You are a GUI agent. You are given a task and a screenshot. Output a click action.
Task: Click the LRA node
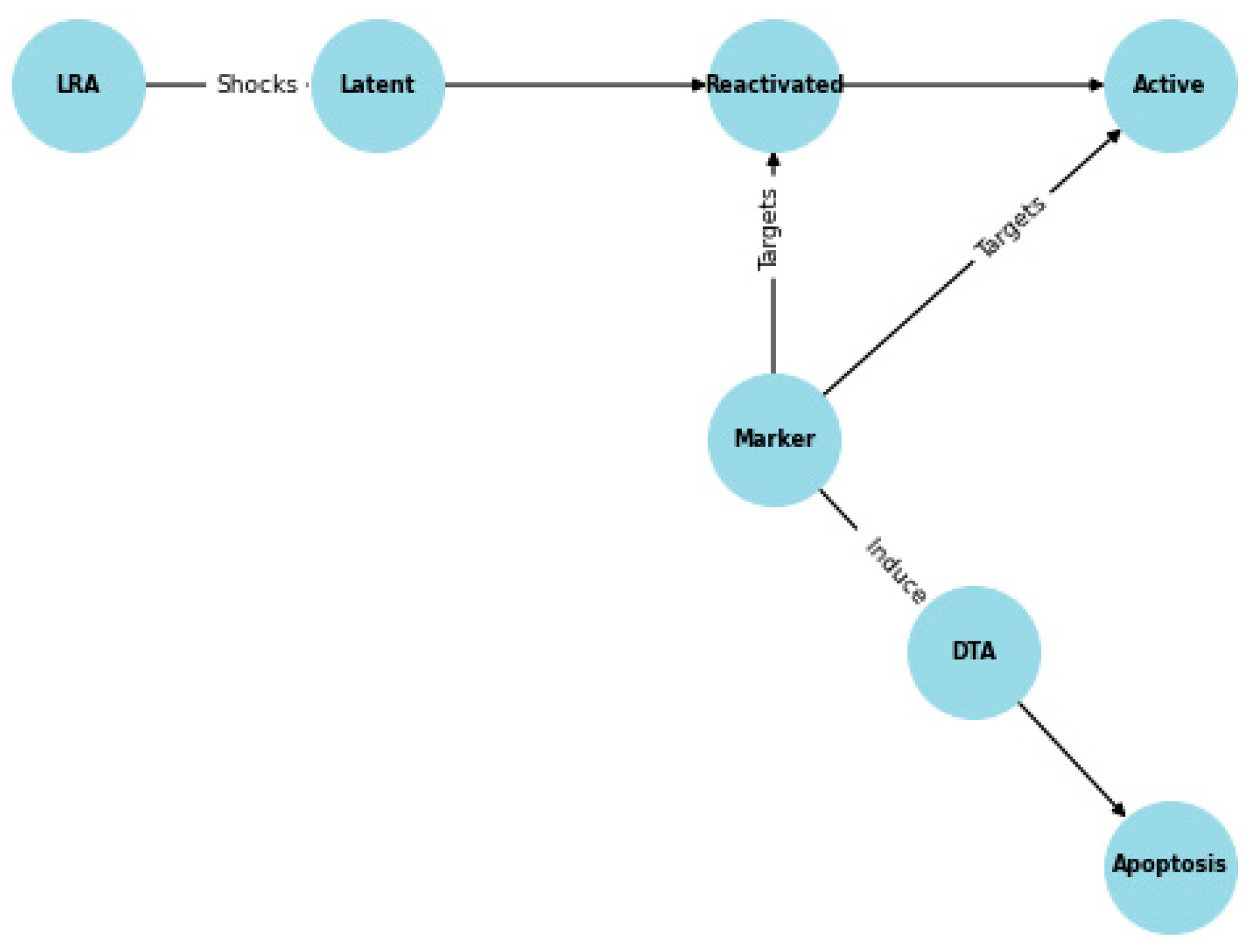[x=78, y=85]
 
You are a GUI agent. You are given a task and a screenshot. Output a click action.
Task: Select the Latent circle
[x=377, y=85]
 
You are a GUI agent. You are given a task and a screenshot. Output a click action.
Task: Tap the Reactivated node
[x=774, y=85]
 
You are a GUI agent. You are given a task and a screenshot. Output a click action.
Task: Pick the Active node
[x=1170, y=85]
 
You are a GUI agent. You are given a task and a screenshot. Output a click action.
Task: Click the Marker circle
[x=774, y=440]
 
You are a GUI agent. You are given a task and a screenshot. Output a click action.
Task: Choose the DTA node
[x=974, y=652]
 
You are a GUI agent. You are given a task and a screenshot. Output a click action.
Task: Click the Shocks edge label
[x=257, y=85]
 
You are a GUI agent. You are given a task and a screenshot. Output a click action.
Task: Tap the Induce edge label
[x=896, y=570]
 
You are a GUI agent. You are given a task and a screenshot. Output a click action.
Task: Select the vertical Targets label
[x=768, y=230]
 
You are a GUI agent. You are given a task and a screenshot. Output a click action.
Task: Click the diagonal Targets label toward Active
[x=1010, y=227]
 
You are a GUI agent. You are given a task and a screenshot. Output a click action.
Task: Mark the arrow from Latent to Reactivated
[x=572, y=85]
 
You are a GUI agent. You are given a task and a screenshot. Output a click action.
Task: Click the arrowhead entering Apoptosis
[x=1119, y=810]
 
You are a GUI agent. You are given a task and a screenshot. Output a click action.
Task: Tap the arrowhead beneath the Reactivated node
[x=773, y=161]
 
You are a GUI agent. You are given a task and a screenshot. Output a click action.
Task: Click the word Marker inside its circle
[x=774, y=438]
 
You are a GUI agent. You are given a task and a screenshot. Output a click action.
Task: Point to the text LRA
[x=78, y=85]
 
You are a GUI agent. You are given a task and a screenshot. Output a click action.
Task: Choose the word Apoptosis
[x=1169, y=864]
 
